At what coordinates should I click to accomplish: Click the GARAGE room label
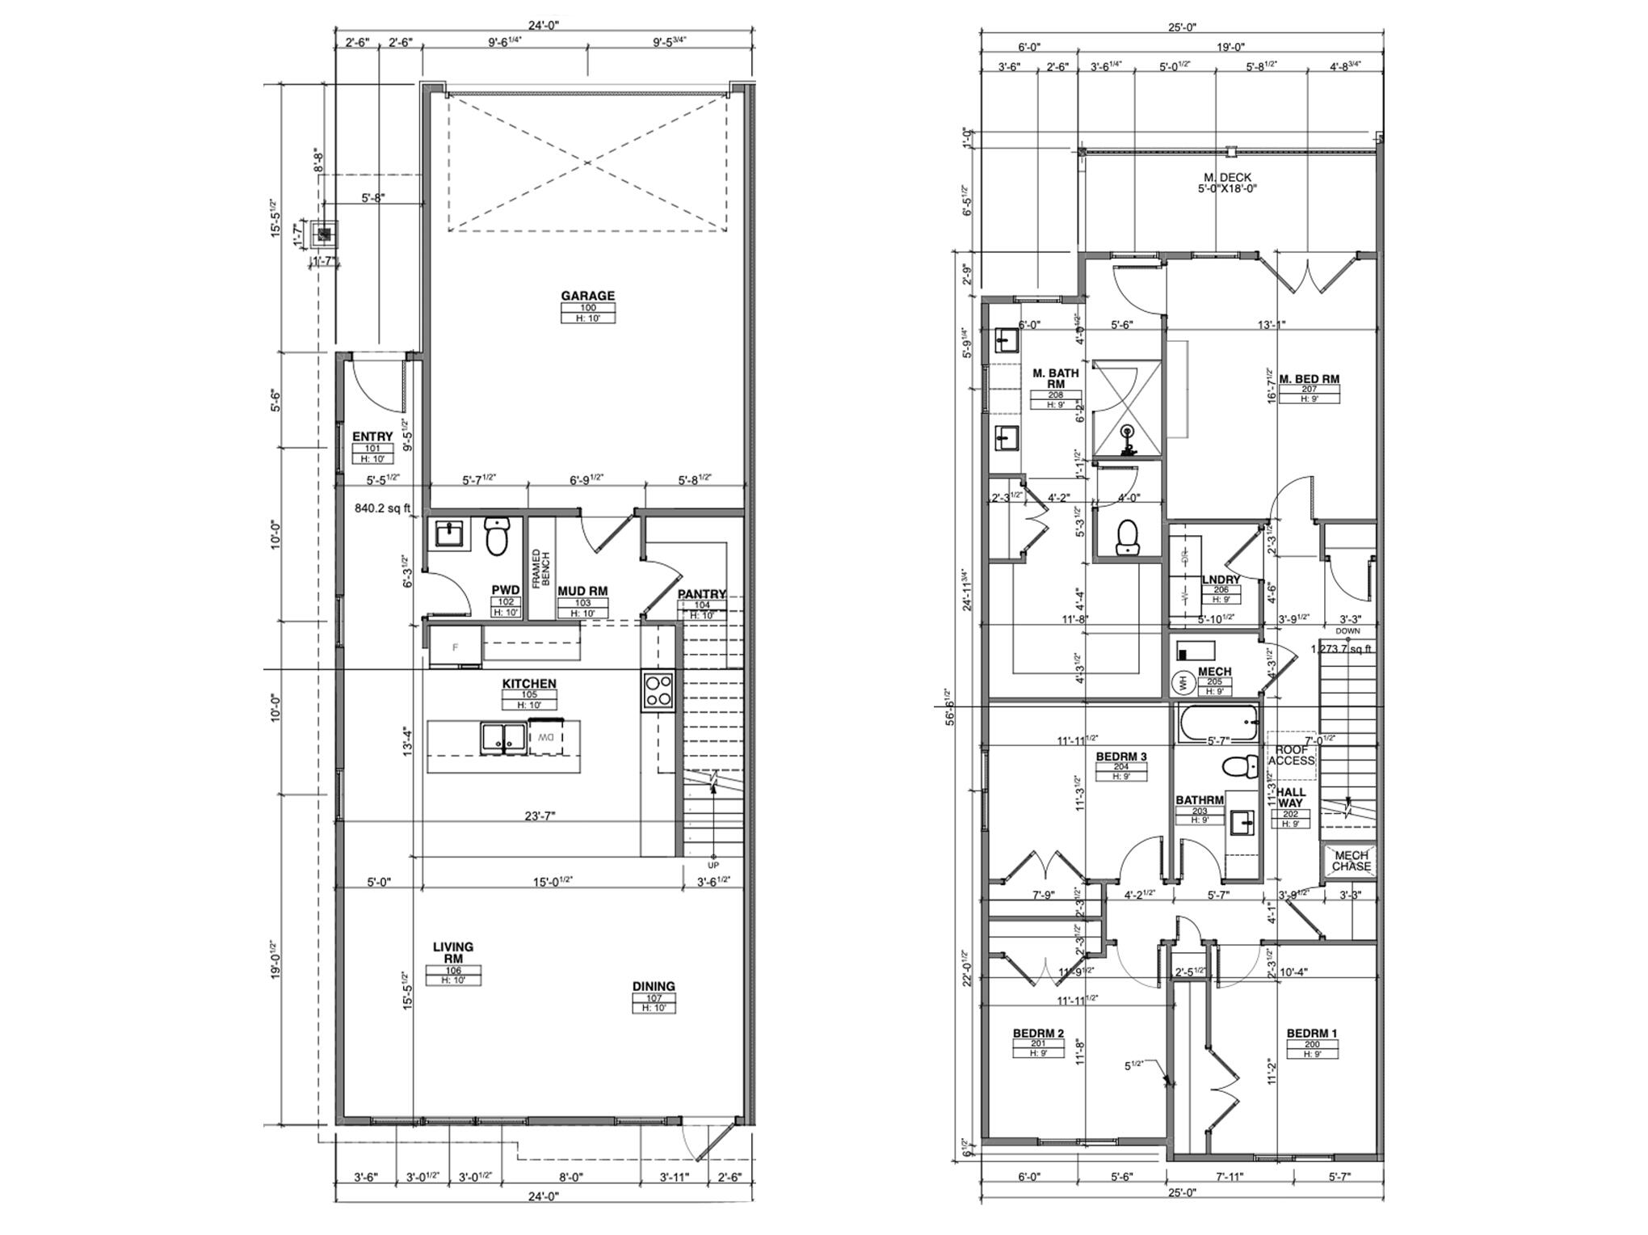pyautogui.click(x=587, y=296)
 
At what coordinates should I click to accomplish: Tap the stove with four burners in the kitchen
pyautogui.click(x=658, y=689)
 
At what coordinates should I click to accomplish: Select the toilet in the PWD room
pyautogui.click(x=496, y=536)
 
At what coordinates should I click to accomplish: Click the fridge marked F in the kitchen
pyautogui.click(x=455, y=647)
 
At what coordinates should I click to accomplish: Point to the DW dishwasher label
pyautogui.click(x=546, y=737)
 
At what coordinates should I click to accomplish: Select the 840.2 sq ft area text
pyautogui.click(x=383, y=508)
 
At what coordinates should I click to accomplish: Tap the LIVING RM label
pyautogui.click(x=452, y=952)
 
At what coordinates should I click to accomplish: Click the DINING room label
pyautogui.click(x=654, y=986)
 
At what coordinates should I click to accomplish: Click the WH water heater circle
pyautogui.click(x=1183, y=684)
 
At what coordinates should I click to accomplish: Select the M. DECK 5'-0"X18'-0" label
pyautogui.click(x=1227, y=183)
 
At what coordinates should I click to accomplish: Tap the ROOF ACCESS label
pyautogui.click(x=1291, y=756)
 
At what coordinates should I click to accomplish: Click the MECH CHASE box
pyautogui.click(x=1351, y=861)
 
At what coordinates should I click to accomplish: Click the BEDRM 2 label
pyautogui.click(x=1038, y=1033)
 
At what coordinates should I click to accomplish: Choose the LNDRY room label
pyautogui.click(x=1220, y=580)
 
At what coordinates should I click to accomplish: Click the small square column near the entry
pyautogui.click(x=325, y=234)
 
